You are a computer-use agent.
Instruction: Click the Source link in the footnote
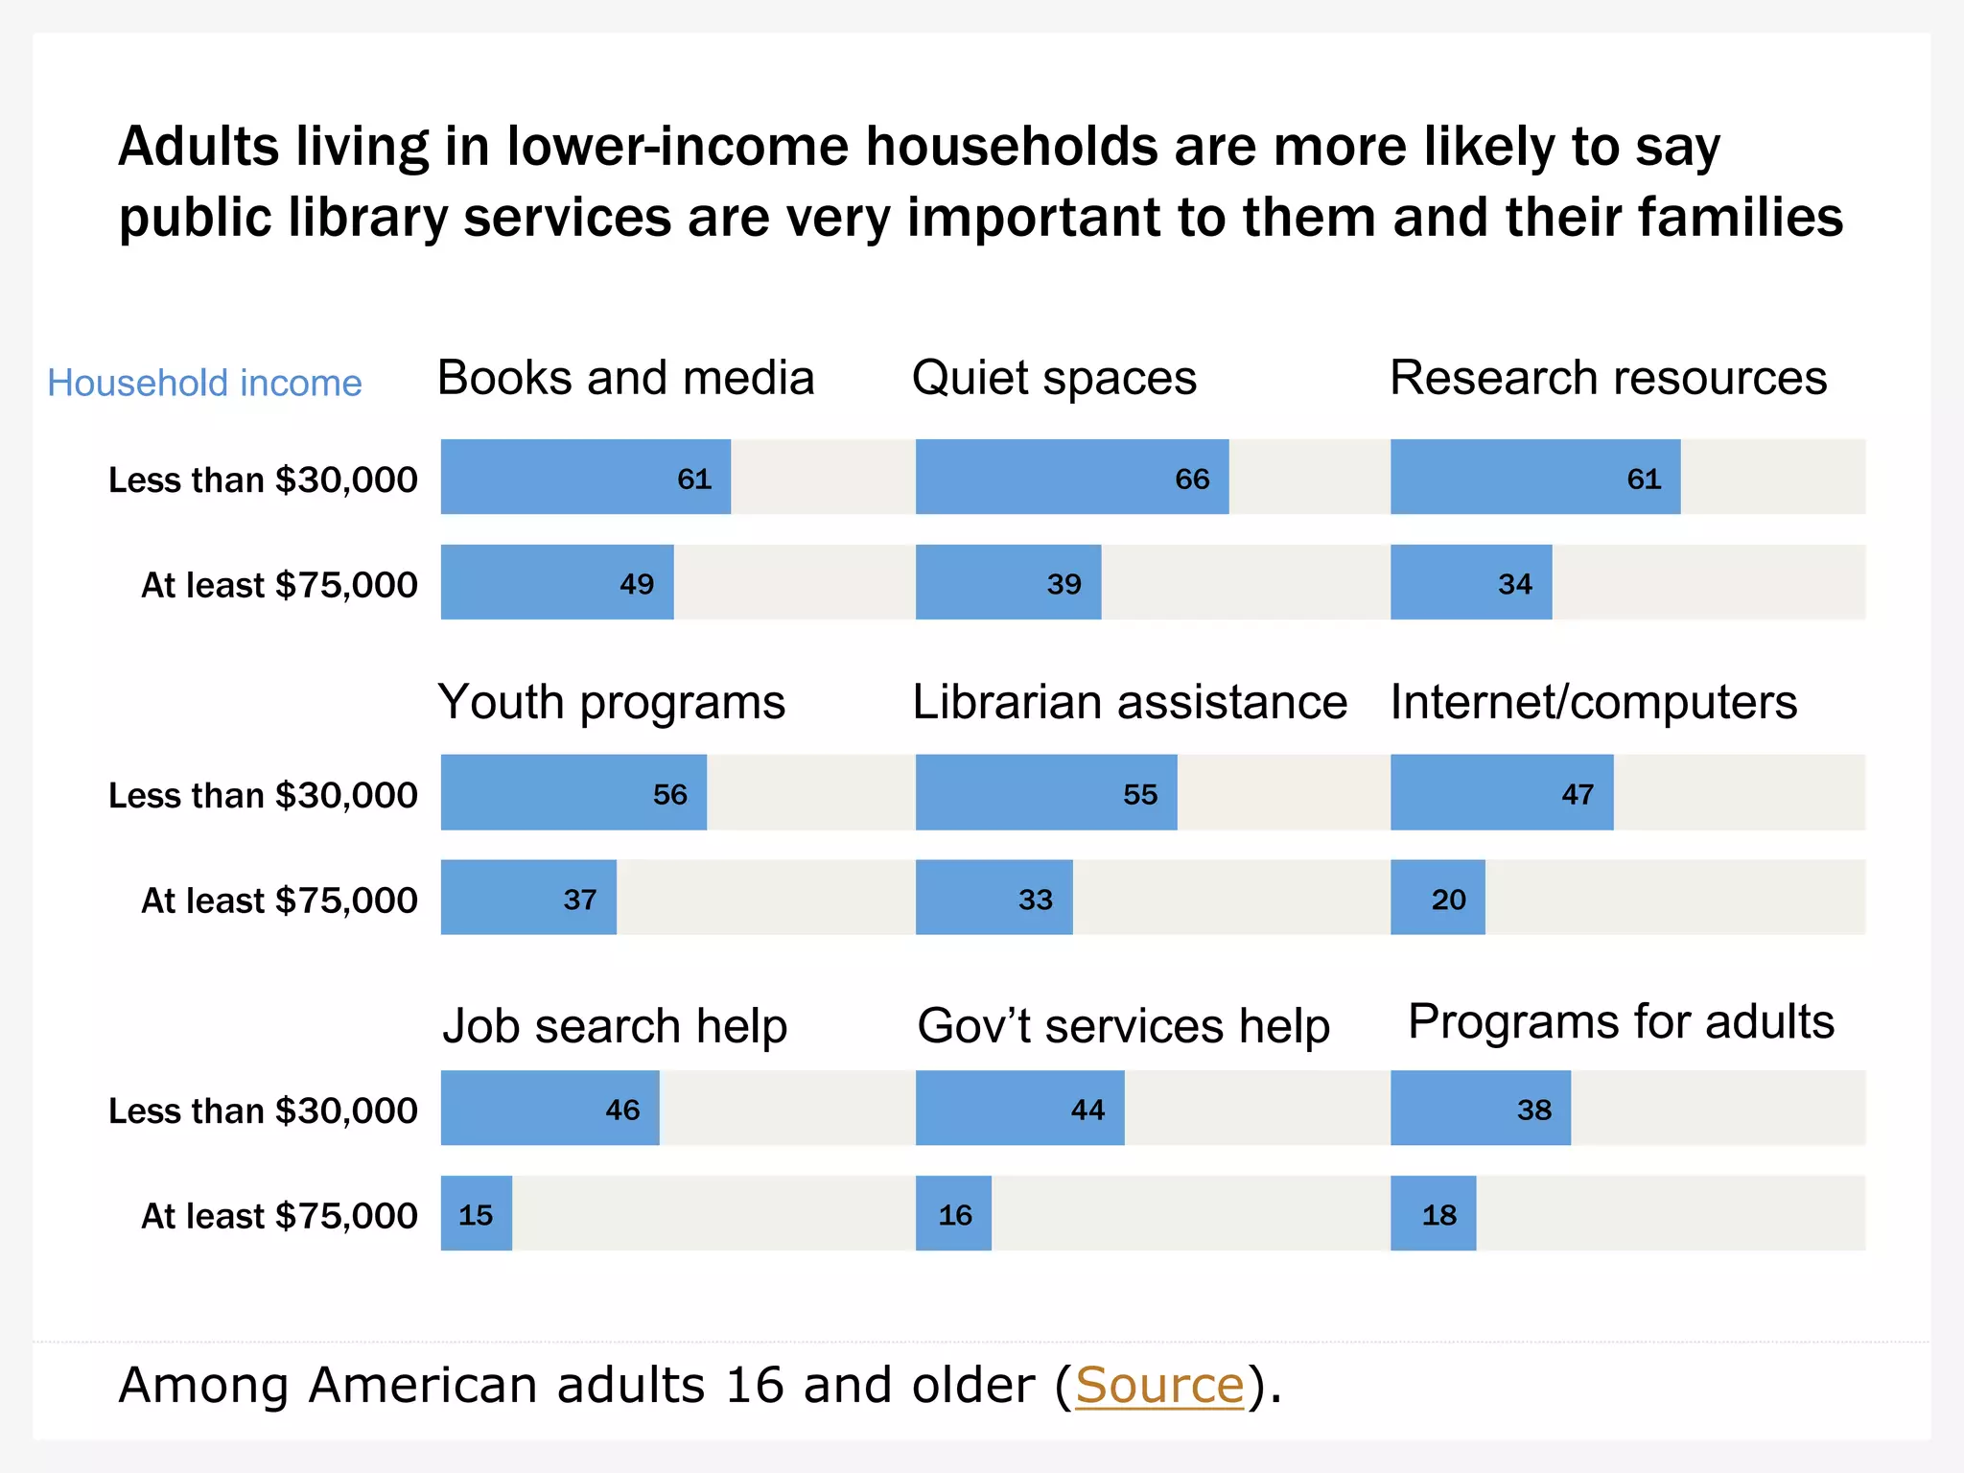click(1159, 1385)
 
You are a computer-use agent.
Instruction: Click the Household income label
click(204, 383)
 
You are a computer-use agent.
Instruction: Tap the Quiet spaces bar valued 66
click(1071, 477)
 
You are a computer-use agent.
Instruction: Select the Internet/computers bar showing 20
click(1437, 898)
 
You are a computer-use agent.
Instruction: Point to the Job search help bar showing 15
click(476, 1213)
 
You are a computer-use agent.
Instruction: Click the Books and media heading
click(625, 377)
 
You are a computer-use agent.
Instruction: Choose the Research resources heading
click(1607, 377)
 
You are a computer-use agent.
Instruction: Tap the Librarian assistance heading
click(1129, 702)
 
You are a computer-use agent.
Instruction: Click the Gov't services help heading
click(1123, 1026)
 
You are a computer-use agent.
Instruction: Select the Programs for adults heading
click(1621, 1021)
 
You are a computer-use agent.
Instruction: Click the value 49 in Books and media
click(637, 584)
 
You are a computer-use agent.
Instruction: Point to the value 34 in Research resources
click(1515, 584)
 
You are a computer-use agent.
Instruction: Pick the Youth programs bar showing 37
click(527, 898)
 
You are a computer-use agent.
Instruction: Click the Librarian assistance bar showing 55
click(1045, 792)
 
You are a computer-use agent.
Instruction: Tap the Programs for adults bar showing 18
click(1433, 1213)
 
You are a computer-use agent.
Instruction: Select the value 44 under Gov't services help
click(1087, 1111)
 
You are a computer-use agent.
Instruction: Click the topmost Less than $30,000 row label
click(263, 479)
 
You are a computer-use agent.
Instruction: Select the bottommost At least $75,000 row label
click(279, 1216)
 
